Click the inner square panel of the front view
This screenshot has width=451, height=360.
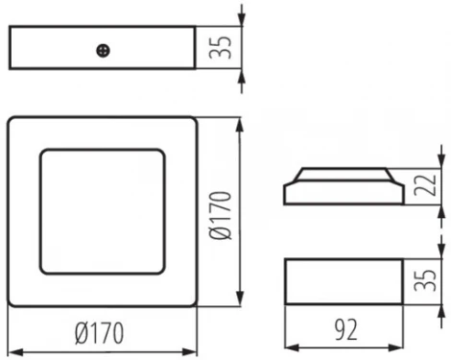(103, 212)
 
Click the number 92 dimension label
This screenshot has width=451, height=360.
(344, 330)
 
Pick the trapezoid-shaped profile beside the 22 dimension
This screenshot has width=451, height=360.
(343, 186)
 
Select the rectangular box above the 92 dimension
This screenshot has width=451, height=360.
(343, 281)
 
